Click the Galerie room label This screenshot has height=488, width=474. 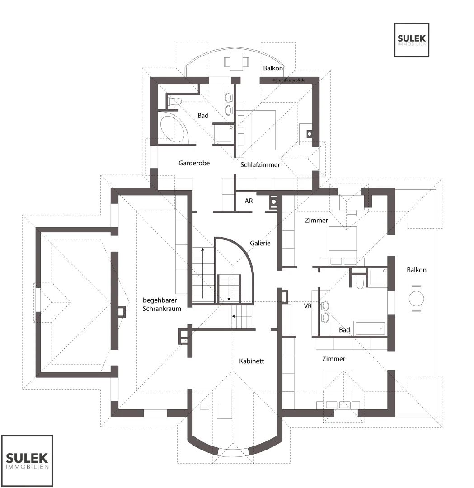(x=260, y=243)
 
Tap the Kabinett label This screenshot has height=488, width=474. (x=252, y=361)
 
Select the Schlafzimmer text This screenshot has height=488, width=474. (x=260, y=164)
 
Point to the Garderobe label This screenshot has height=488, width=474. (x=194, y=163)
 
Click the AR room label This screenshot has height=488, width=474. (x=249, y=201)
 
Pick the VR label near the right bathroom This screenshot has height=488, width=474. (x=308, y=306)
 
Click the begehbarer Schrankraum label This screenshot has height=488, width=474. (x=162, y=305)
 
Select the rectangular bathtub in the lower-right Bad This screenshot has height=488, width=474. (x=370, y=328)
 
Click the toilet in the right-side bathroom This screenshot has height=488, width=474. (x=360, y=281)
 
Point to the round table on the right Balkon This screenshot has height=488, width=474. (x=416, y=299)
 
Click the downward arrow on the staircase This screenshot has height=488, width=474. (x=229, y=289)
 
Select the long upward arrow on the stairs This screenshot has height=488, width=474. (x=202, y=273)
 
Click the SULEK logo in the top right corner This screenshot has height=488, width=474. (x=412, y=40)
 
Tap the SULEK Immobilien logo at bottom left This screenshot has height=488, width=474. (x=27, y=460)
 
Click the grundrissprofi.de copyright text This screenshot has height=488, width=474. (x=288, y=80)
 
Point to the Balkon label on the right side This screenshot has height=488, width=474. (x=417, y=270)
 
